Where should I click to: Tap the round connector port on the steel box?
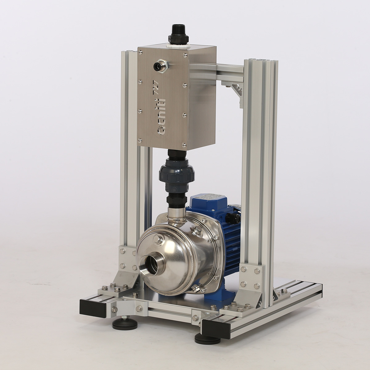[161, 65]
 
